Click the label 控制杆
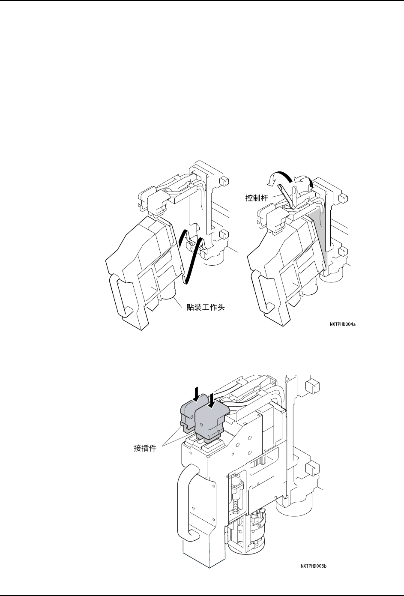pos(256,198)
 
